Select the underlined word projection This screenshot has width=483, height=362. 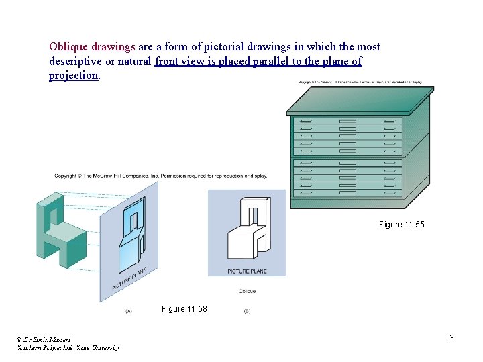73,76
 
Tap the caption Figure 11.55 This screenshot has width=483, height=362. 401,224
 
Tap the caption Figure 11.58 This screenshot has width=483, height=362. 184,309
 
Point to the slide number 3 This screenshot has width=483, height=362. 451,338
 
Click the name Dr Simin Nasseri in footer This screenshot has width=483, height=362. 45,340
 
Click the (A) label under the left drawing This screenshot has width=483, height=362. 129,311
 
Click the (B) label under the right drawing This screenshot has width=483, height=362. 247,311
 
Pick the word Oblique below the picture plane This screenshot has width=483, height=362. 247,291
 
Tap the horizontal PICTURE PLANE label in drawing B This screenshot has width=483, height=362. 247,271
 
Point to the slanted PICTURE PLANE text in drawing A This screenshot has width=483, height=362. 129,279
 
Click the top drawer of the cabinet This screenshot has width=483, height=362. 347,121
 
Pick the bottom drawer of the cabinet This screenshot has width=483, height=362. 347,193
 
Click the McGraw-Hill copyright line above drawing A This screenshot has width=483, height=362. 161,176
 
